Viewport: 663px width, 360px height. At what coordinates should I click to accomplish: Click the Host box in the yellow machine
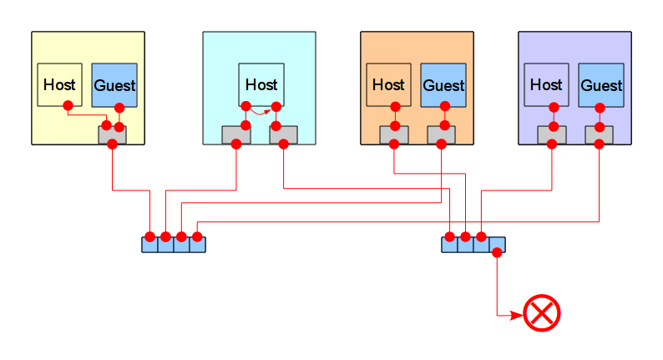point(59,84)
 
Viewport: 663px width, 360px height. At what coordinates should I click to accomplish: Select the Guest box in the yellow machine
point(114,85)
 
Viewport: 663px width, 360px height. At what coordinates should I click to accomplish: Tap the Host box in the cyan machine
point(261,84)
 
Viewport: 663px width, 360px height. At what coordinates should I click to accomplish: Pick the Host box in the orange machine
point(388,84)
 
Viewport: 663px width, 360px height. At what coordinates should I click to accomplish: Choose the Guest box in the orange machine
point(443,85)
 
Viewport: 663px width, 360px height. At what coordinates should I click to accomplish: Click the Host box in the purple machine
point(546,84)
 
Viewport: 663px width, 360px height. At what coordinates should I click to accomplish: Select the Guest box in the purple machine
point(601,85)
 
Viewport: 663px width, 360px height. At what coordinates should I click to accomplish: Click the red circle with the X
point(542,313)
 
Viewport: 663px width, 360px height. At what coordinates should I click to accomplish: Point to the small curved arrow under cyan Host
point(261,113)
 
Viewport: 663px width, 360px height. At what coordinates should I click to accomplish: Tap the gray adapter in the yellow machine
point(112,135)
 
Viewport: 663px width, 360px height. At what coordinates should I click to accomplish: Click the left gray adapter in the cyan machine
point(236,135)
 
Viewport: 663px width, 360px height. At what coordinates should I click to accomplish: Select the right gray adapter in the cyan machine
point(284,135)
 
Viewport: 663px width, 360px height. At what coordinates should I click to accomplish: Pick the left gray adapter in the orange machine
point(394,135)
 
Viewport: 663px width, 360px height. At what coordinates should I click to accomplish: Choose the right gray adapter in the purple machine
point(600,135)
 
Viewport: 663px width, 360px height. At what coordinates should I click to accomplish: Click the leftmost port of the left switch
point(149,245)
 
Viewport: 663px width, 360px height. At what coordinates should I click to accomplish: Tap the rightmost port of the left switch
point(197,245)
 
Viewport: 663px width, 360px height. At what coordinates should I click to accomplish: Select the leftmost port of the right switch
point(449,245)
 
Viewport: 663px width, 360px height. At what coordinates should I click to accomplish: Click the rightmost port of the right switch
point(498,245)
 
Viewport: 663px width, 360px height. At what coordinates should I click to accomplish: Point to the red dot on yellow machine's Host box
point(68,106)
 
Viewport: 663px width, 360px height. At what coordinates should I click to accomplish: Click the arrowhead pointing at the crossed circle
point(517,315)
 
